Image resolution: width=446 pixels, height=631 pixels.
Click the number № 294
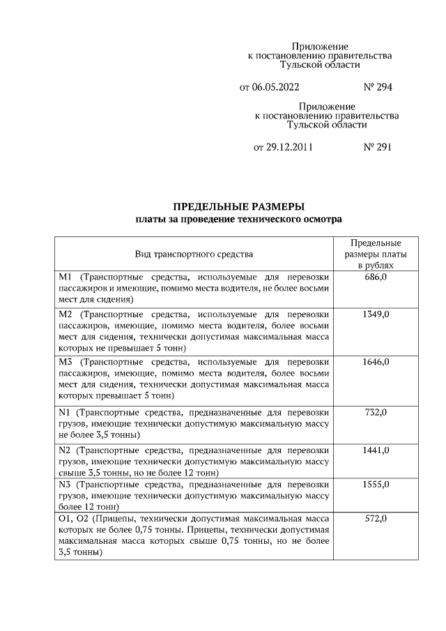378,88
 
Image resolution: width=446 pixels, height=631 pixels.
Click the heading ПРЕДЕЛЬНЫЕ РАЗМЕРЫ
239,207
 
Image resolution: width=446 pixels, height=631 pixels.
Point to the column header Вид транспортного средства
194,254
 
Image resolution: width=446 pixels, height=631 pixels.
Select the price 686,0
376,278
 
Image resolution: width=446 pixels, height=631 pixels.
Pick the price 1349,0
376,314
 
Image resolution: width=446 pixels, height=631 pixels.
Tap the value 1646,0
376,362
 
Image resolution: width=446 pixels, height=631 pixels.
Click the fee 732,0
376,413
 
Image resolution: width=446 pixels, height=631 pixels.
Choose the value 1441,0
376,450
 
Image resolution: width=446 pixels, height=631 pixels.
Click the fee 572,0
376,519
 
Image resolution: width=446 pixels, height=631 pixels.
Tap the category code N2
66,450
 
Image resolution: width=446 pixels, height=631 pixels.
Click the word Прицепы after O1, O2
112,519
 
